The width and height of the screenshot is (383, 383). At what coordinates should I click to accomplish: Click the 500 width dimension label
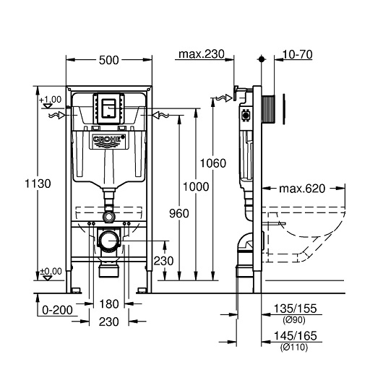pos(108,60)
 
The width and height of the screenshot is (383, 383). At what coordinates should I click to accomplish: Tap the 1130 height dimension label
pos(38,184)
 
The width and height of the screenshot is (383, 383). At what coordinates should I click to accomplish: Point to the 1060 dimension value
pos(213,163)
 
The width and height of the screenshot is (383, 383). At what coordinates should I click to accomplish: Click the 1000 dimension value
pos(196,187)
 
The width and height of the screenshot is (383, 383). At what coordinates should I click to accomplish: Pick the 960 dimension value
pos(179,213)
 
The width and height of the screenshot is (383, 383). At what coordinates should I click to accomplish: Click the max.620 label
pos(302,189)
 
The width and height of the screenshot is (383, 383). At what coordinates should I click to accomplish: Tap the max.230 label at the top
pos(202,54)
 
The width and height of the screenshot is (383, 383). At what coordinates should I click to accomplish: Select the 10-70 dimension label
pos(297,54)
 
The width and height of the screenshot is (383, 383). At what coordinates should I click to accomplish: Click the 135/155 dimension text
pos(296,309)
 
